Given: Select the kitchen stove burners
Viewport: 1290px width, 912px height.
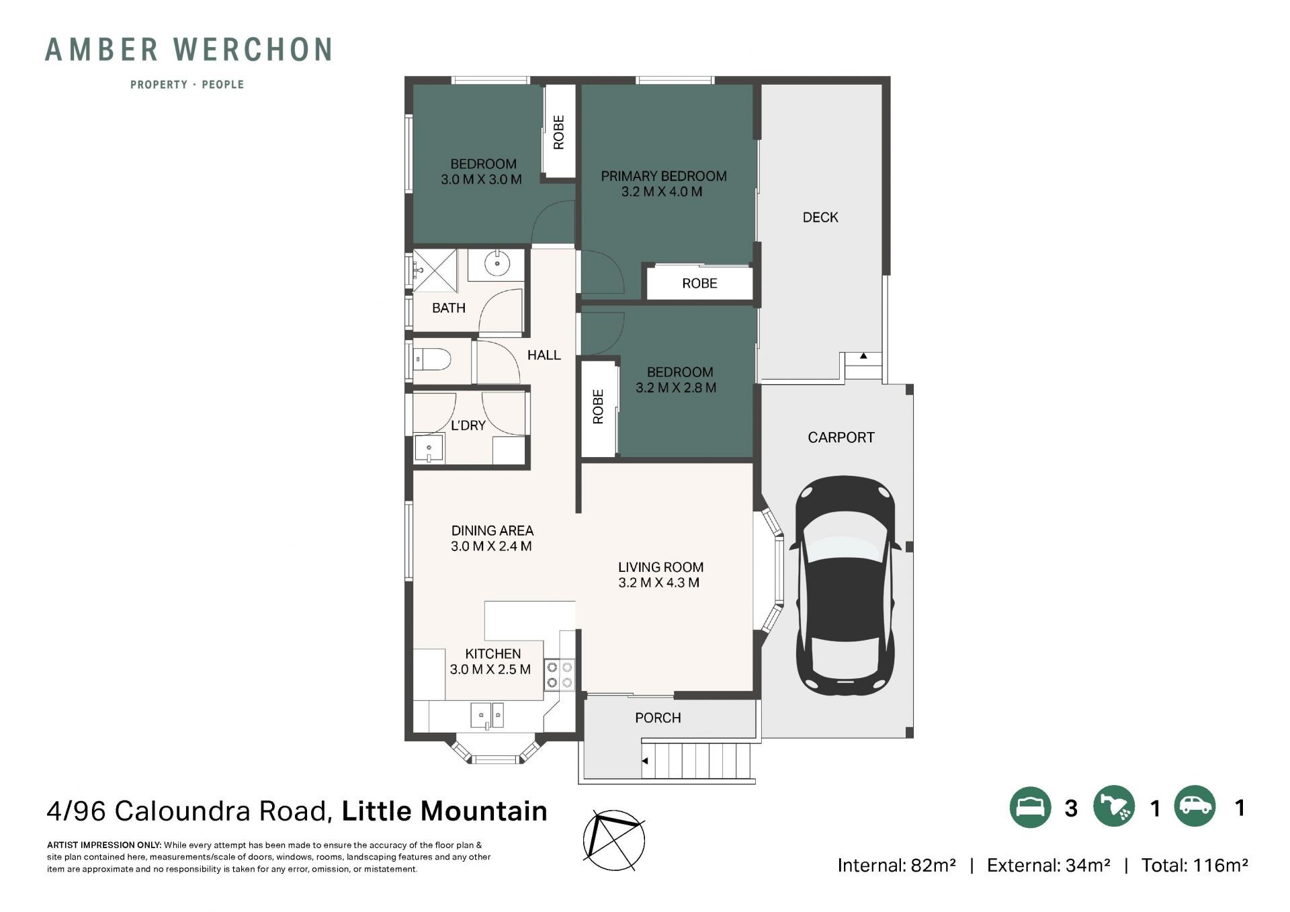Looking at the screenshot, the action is [x=560, y=675].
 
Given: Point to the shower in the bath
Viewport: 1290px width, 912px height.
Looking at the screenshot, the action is [x=434, y=271].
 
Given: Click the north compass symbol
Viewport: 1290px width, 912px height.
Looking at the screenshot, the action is [x=613, y=838].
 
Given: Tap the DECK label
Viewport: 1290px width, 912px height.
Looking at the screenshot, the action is [x=820, y=217].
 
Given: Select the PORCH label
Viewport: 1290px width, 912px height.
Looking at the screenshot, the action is [x=658, y=718].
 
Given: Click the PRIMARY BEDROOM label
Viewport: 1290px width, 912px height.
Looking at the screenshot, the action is [x=664, y=176].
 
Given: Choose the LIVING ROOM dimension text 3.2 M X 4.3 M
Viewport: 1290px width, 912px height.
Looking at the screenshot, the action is [x=659, y=583].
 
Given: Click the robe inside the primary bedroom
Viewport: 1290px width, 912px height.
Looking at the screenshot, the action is [x=699, y=283].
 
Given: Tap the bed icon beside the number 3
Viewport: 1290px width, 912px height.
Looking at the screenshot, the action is [x=1030, y=806].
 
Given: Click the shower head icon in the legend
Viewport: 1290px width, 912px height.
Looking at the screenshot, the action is [x=1113, y=806].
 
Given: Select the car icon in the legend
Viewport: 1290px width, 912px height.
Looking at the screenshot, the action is [x=1195, y=806].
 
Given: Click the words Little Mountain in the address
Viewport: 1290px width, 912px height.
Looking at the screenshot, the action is [x=445, y=811].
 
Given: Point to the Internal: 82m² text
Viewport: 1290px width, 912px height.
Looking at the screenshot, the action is [x=896, y=866].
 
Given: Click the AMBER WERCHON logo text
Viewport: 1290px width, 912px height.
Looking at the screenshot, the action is [x=189, y=50].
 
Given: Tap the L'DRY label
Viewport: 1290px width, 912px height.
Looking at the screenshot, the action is [x=468, y=425].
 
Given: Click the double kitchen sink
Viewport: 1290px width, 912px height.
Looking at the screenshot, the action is [x=487, y=714].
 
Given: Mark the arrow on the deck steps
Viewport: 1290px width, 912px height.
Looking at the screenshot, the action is [x=863, y=356].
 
